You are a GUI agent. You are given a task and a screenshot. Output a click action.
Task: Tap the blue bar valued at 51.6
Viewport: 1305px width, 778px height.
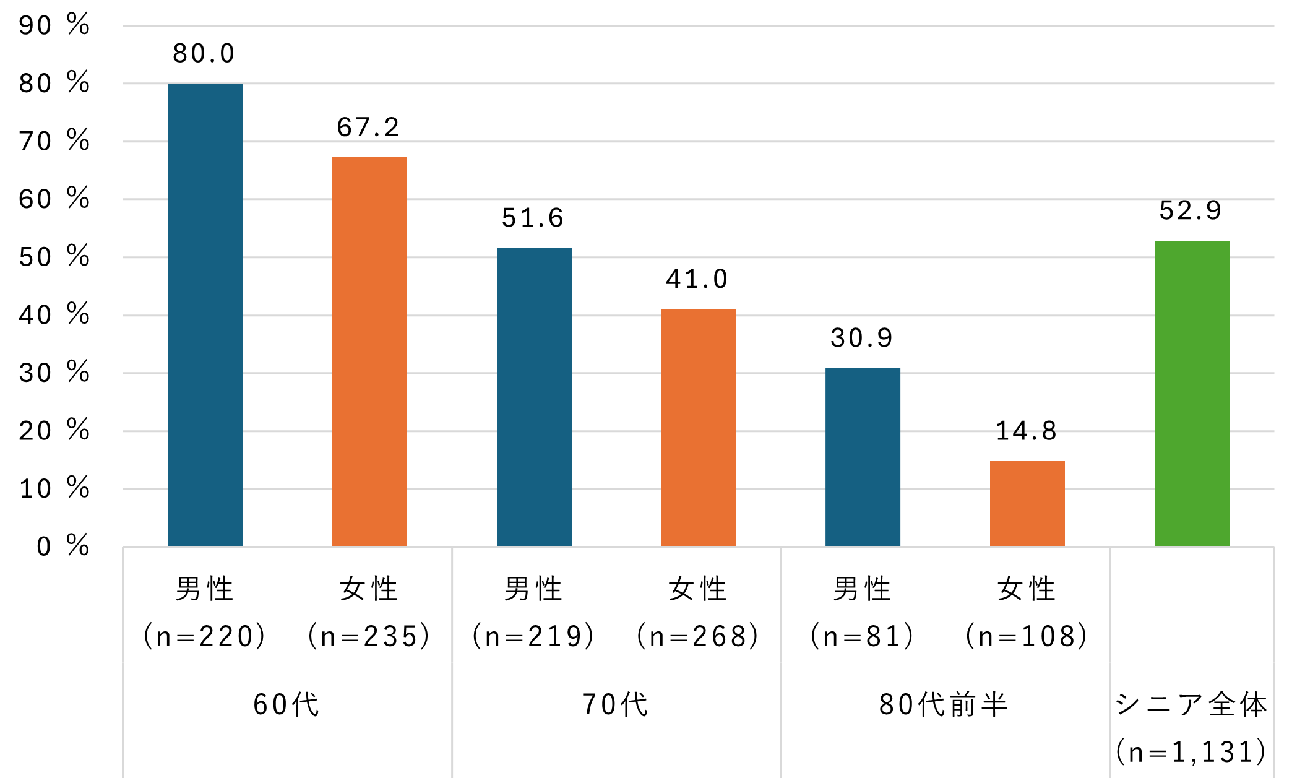[534, 397]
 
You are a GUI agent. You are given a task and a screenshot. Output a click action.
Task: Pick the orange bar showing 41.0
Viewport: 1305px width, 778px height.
[699, 427]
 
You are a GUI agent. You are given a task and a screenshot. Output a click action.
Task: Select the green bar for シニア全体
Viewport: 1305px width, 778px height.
[1192, 393]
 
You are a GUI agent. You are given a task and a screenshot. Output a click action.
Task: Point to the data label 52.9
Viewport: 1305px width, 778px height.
[1191, 210]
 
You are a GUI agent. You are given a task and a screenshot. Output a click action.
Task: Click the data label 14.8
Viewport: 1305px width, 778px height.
[1027, 431]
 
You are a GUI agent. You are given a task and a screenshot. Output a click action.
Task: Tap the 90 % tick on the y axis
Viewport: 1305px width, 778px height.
[54, 25]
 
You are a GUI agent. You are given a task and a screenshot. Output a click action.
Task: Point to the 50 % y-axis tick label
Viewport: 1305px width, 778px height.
[54, 257]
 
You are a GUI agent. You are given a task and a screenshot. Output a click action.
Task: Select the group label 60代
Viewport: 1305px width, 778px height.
[286, 704]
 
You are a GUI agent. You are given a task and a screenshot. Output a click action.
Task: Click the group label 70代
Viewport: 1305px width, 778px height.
[616, 704]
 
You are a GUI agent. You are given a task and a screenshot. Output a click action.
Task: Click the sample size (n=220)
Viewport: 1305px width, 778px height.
[205, 636]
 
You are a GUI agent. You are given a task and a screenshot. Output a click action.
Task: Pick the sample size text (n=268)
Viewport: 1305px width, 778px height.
[698, 636]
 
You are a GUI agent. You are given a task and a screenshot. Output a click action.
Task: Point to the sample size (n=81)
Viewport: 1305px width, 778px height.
[862, 636]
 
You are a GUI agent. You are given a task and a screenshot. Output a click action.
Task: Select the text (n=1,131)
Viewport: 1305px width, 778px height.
[1191, 752]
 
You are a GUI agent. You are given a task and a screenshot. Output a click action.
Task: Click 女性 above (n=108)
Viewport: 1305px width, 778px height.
[1027, 589]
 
